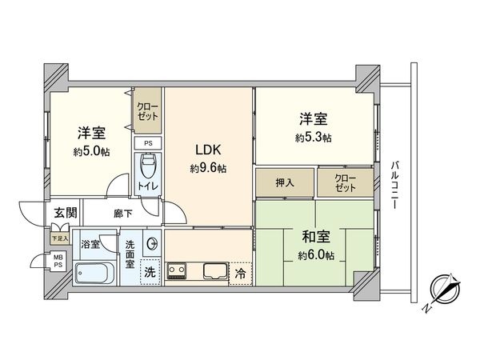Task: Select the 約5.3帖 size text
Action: coord(313,138)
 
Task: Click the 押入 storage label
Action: coord(285,183)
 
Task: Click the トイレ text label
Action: coord(148,186)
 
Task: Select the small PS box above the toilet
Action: coord(147,143)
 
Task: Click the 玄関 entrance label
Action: coord(64,213)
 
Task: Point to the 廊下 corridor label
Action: coord(123,214)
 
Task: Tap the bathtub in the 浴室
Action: coord(96,273)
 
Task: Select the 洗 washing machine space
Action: coord(150,272)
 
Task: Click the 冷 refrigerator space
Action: coord(241,272)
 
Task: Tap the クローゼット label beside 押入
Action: coord(345,183)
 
